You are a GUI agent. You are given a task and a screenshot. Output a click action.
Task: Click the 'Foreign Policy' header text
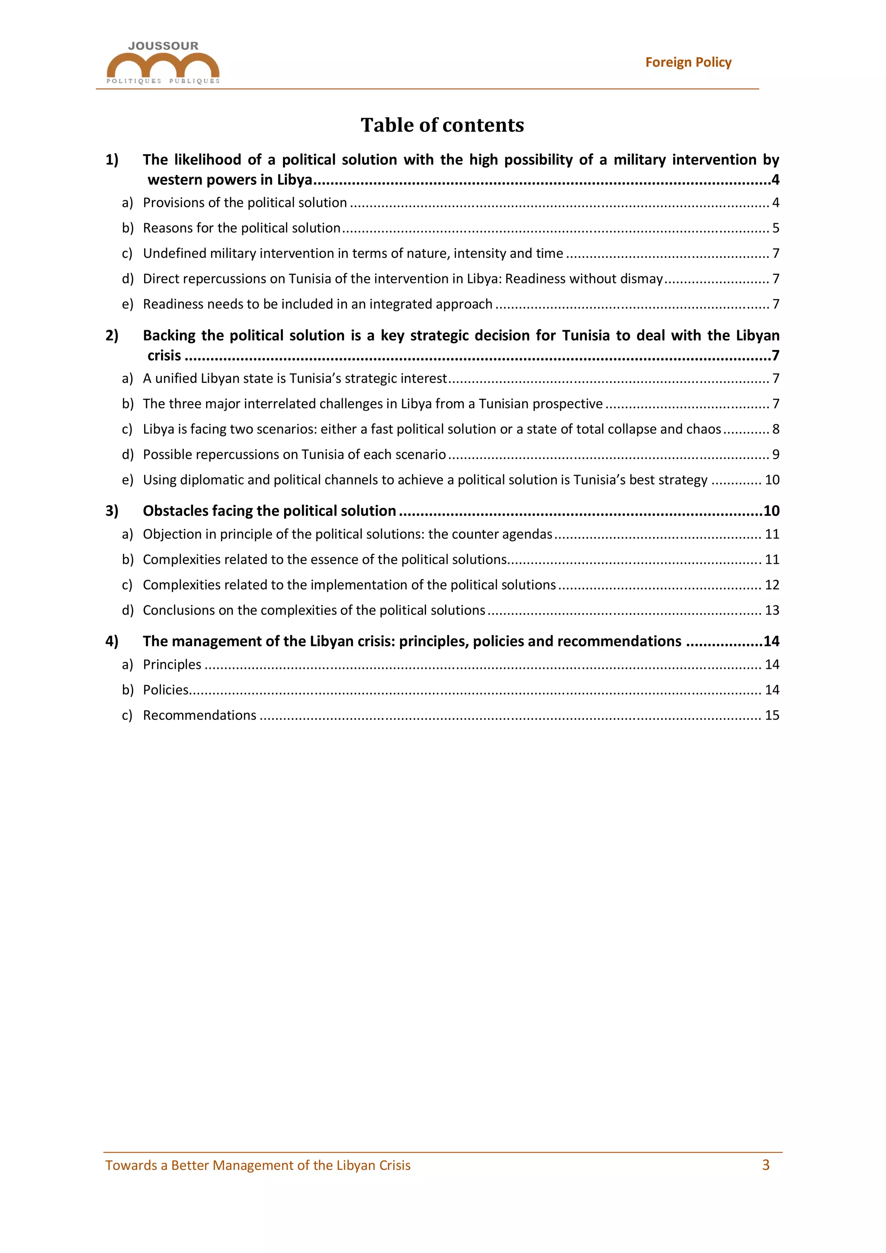tap(688, 62)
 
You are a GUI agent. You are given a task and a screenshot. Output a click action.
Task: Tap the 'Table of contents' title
tap(442, 125)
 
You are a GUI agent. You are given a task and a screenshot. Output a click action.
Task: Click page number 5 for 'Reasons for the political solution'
tap(775, 228)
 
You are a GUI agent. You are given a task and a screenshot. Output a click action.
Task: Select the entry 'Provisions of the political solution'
tap(244, 202)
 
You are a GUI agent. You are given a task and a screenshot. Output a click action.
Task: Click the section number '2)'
tap(112, 335)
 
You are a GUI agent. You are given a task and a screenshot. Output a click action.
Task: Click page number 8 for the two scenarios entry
tap(775, 430)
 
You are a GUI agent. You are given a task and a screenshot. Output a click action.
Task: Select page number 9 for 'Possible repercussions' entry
tap(775, 455)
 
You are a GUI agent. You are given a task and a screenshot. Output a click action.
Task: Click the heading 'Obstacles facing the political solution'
tap(269, 511)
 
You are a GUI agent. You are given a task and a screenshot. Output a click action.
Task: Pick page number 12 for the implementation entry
tap(771, 585)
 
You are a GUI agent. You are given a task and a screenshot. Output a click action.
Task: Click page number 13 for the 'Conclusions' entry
tap(771, 610)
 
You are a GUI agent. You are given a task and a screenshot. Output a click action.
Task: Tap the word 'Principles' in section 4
tap(172, 665)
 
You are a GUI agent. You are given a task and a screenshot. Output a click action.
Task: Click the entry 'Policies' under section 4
tap(165, 690)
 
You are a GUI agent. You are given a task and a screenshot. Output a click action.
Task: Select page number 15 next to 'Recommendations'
tap(771, 716)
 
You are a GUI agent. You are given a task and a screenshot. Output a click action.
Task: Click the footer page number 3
tap(765, 1165)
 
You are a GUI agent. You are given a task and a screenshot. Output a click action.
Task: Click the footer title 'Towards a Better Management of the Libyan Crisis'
tap(257, 1166)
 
